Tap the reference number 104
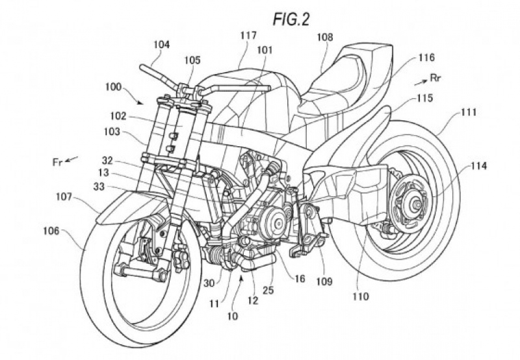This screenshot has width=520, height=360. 161,45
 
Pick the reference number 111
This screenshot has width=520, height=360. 469,112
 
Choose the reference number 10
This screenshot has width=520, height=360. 233,316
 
